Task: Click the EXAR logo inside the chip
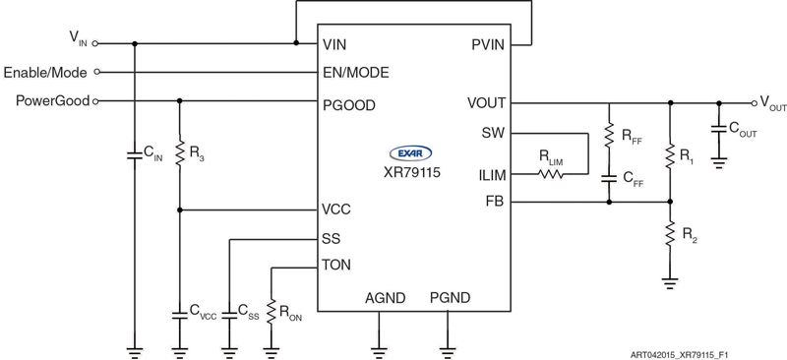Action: [412, 152]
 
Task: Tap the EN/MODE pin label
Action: [355, 73]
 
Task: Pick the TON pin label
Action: [336, 266]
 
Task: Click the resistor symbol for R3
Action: [179, 153]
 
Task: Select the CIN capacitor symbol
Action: [134, 154]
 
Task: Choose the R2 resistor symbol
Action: [669, 234]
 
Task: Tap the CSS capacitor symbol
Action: [227, 312]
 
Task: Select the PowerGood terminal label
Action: [52, 100]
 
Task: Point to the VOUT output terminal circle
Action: [753, 101]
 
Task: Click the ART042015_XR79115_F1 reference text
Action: [686, 351]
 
